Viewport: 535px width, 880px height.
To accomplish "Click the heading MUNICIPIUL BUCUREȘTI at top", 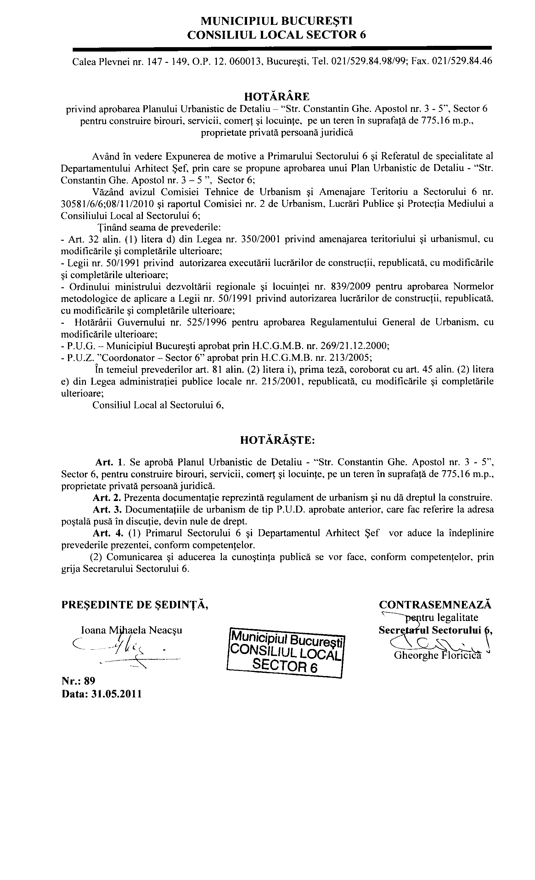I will [x=276, y=21].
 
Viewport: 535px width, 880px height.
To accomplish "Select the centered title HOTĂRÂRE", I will [x=276, y=96].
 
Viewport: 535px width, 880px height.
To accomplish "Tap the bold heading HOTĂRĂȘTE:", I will [x=277, y=440].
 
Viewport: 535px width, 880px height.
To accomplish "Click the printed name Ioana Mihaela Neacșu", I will [x=132, y=630].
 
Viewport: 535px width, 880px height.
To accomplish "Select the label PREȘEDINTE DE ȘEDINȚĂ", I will [x=135, y=605].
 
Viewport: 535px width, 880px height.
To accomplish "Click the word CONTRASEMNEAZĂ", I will [x=435, y=605].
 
